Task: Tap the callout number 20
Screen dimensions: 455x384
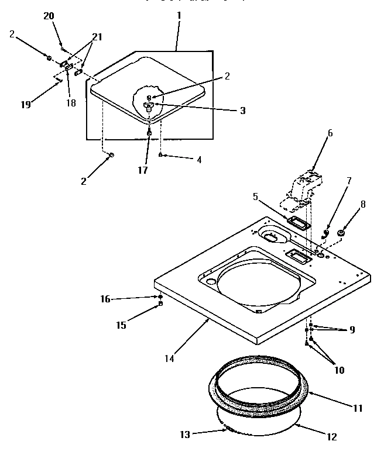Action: click(49, 16)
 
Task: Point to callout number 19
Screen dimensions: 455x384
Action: click(25, 105)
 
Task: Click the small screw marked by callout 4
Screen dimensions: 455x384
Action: click(161, 155)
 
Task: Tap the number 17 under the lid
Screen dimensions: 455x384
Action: click(142, 170)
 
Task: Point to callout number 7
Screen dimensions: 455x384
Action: click(348, 181)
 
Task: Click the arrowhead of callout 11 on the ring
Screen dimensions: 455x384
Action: click(308, 393)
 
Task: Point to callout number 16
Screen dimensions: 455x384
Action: click(105, 298)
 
